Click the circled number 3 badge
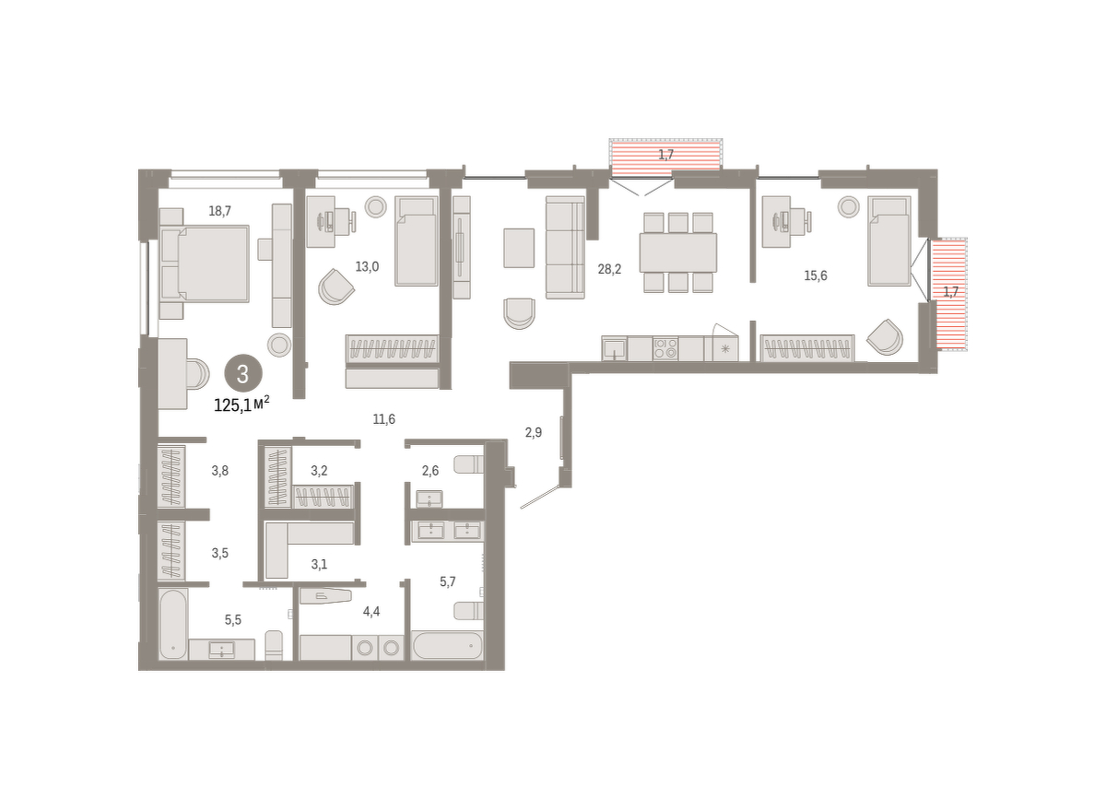(x=243, y=374)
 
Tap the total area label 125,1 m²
(x=241, y=404)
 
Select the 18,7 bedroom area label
(x=219, y=211)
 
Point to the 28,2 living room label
(x=609, y=269)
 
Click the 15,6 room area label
(x=815, y=276)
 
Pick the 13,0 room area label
(x=367, y=267)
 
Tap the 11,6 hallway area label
(x=383, y=419)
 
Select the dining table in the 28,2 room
(x=678, y=252)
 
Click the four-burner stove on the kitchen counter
(x=665, y=348)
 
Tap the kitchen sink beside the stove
(x=614, y=348)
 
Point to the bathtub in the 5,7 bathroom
(x=447, y=646)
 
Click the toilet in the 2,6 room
(x=468, y=464)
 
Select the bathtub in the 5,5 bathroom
(x=173, y=624)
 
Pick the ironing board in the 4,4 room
(x=325, y=596)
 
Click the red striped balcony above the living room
(x=665, y=155)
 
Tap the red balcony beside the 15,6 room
(x=948, y=294)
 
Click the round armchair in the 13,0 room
(x=335, y=287)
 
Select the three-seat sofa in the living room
(x=565, y=247)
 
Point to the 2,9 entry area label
(x=534, y=433)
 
